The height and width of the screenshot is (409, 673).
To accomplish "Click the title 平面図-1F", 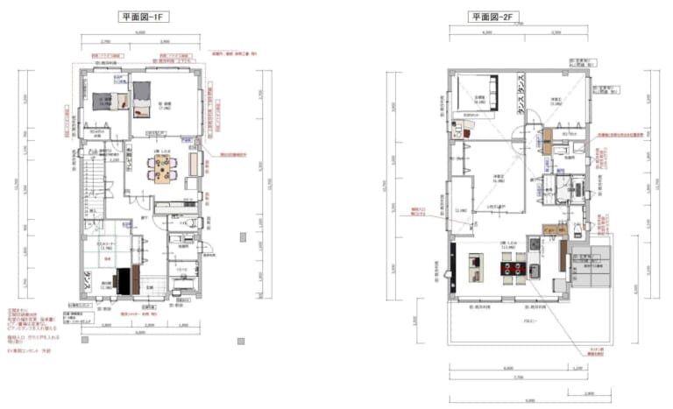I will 144,17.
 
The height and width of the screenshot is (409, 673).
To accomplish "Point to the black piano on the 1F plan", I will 124,279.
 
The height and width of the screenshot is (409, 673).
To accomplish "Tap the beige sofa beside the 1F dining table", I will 195,164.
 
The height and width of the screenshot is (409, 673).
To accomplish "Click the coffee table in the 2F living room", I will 477,260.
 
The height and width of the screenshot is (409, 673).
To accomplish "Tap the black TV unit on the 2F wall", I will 453,263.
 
